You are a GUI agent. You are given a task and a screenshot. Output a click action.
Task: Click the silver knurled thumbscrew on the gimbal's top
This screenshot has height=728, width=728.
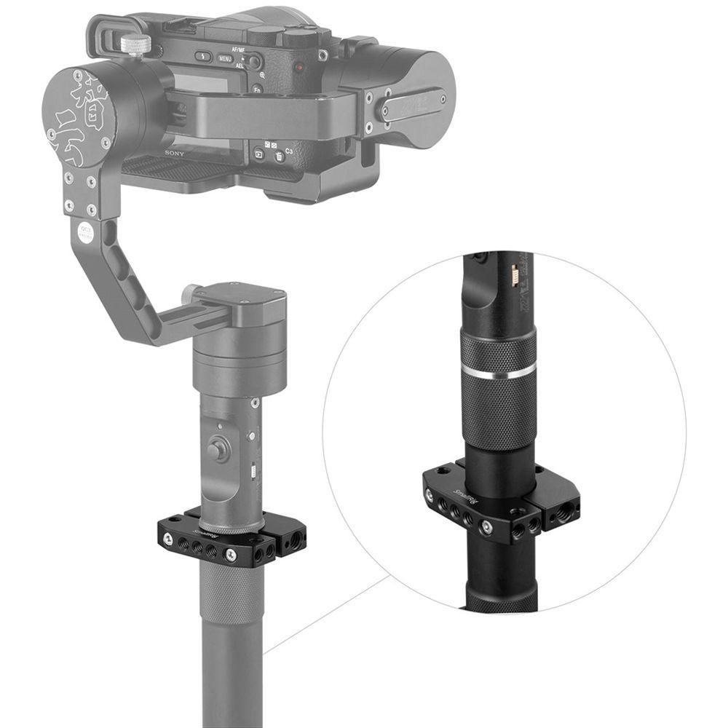pyautogui.click(x=135, y=44)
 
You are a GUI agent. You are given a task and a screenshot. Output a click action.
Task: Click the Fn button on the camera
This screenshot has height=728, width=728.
pyautogui.click(x=257, y=88)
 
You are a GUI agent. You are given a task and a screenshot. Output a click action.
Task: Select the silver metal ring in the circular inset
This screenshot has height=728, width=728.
pyautogui.click(x=499, y=373)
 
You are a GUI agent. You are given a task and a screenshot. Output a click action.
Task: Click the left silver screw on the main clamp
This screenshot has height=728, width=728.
pyautogui.click(x=168, y=539)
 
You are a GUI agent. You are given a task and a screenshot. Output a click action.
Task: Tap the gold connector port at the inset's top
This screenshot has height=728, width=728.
pyautogui.click(x=515, y=275)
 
